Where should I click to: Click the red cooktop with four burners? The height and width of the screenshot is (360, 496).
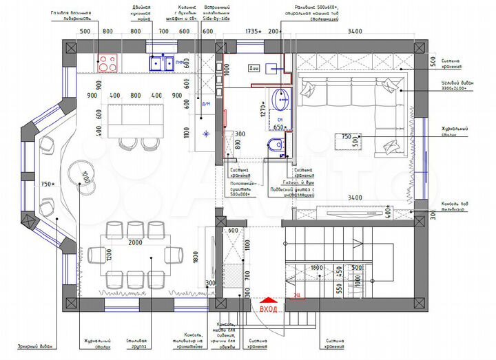(x=108, y=63)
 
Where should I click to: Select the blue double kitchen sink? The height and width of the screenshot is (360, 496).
(x=161, y=63)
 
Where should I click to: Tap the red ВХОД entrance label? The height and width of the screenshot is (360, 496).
(x=268, y=309)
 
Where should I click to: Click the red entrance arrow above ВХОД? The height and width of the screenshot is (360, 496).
(x=268, y=300)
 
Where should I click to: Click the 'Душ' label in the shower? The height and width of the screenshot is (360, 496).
(x=255, y=69)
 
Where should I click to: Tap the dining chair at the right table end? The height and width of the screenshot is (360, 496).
(x=176, y=255)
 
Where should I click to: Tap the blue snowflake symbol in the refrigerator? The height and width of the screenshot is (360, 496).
(x=205, y=134)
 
